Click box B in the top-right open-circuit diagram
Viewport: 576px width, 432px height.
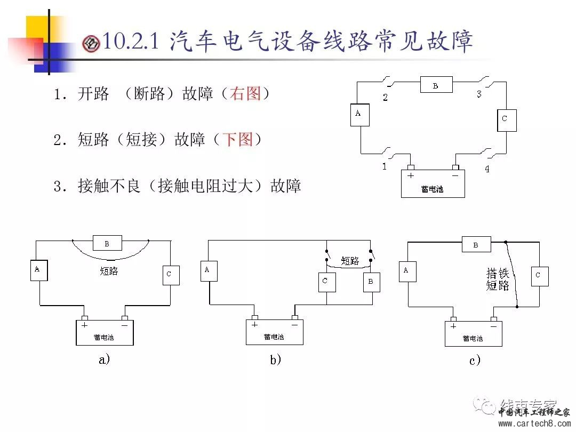[x=436, y=85]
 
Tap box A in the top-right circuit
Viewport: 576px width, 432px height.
[x=359, y=115]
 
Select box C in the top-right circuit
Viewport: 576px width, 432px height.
[x=506, y=119]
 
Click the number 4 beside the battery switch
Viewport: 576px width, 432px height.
[x=486, y=170]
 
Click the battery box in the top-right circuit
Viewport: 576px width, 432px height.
[x=433, y=183]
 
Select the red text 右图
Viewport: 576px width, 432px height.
[x=245, y=94]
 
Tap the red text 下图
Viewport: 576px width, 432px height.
[x=237, y=140]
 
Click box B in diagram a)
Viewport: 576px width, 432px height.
[x=107, y=243]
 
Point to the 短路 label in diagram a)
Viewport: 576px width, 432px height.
[x=109, y=271]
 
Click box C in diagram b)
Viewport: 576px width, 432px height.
[x=327, y=281]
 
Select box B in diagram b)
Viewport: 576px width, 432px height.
[x=371, y=282]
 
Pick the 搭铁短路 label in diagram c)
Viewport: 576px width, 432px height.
[x=497, y=279]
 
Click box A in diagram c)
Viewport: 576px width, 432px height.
[x=407, y=271]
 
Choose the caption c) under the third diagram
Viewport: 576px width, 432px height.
[x=475, y=361]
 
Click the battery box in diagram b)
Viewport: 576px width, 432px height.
[x=274, y=332]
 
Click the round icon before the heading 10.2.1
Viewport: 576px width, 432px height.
[x=91, y=44]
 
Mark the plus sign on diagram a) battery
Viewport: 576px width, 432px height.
[x=84, y=324]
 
